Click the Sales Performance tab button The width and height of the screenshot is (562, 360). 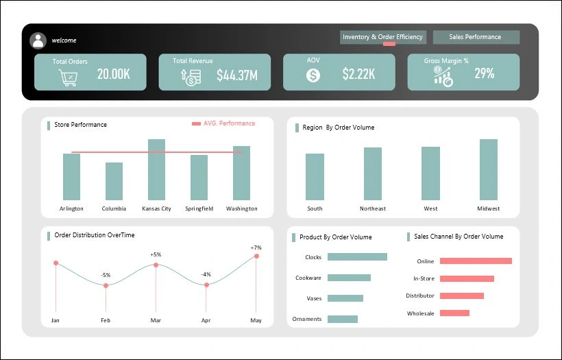(476, 37)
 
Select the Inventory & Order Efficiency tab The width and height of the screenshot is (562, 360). (382, 37)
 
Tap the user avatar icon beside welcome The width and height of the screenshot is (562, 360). (38, 40)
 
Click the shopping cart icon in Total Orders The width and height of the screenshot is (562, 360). (68, 77)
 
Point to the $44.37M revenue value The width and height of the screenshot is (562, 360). (236, 75)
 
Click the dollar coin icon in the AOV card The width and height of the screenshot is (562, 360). (313, 75)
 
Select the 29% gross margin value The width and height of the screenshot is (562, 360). (484, 73)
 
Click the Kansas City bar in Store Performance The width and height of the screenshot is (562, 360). (156, 169)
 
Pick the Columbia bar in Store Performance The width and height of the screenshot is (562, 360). (114, 181)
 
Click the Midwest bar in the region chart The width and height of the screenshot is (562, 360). (489, 169)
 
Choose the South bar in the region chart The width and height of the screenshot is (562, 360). (315, 177)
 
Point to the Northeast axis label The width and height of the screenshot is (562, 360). (373, 208)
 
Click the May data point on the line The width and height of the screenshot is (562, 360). (256, 256)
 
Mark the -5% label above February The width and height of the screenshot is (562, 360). (106, 275)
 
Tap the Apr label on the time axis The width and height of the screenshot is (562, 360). (206, 320)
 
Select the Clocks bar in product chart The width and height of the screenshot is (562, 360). (357, 257)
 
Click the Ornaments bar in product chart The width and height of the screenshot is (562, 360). (343, 319)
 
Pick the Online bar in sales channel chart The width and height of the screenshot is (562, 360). (476, 261)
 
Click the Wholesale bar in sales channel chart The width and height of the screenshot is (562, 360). (454, 313)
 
